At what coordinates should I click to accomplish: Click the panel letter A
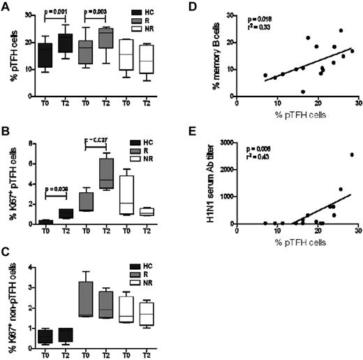click(6, 6)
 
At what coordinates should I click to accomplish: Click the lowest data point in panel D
click(303, 92)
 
